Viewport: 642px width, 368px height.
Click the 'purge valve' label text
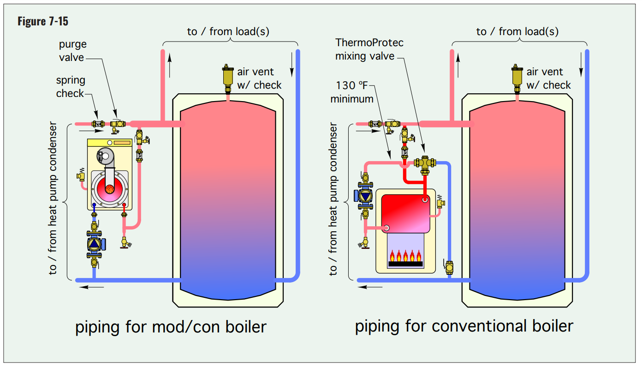click(x=73, y=51)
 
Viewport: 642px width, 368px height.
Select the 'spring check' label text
click(x=70, y=87)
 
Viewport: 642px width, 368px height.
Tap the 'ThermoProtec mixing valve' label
click(x=369, y=49)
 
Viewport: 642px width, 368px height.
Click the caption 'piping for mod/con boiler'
click(x=171, y=327)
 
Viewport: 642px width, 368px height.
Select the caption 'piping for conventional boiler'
click(x=464, y=326)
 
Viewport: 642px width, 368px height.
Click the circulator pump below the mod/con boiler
click(x=95, y=243)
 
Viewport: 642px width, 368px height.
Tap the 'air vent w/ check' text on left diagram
click(x=258, y=78)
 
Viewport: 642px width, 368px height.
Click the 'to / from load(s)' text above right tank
click(x=517, y=31)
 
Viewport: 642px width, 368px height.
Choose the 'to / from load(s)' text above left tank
click(x=228, y=31)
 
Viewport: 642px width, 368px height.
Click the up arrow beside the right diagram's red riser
click(x=458, y=65)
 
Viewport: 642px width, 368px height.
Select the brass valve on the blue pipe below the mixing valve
click(x=449, y=267)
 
